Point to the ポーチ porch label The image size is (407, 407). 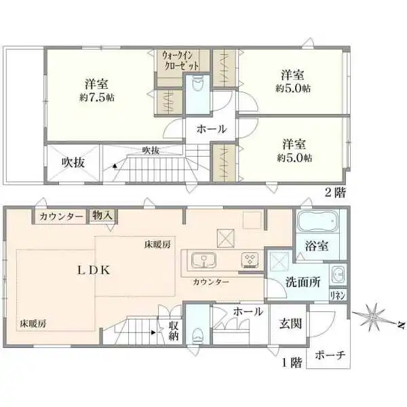tap(330, 355)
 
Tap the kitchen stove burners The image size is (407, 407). tap(249, 261)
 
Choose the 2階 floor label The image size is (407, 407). tap(335, 192)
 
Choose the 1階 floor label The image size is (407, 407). tap(292, 363)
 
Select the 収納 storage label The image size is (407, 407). tap(174, 330)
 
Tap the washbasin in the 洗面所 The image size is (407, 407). tap(338, 274)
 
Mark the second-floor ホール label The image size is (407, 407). tap(211, 129)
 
